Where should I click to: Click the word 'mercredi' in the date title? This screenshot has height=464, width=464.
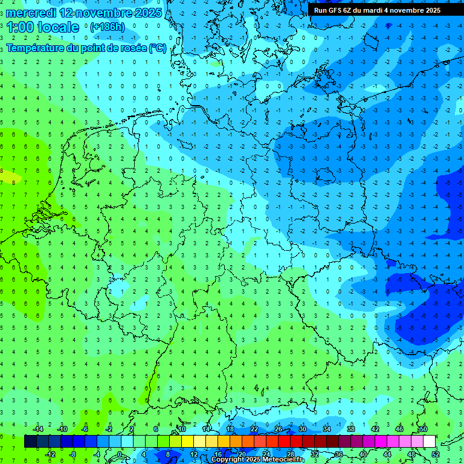(x=31, y=13)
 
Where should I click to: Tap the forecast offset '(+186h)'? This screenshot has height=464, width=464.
(x=107, y=27)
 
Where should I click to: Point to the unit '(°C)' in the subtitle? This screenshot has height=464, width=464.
(x=158, y=48)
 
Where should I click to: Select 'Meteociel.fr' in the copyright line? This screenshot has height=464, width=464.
(x=283, y=459)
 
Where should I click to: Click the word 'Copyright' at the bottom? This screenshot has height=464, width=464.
(x=230, y=459)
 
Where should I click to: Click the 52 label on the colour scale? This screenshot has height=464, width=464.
(x=436, y=454)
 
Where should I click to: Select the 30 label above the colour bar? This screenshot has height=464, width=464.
(x=302, y=429)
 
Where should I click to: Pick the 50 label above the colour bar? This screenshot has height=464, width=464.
(x=423, y=429)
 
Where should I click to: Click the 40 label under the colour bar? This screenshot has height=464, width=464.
(x=362, y=454)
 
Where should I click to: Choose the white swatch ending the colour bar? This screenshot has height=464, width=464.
(x=429, y=442)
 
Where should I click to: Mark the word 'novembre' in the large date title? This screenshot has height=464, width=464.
(x=107, y=13)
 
